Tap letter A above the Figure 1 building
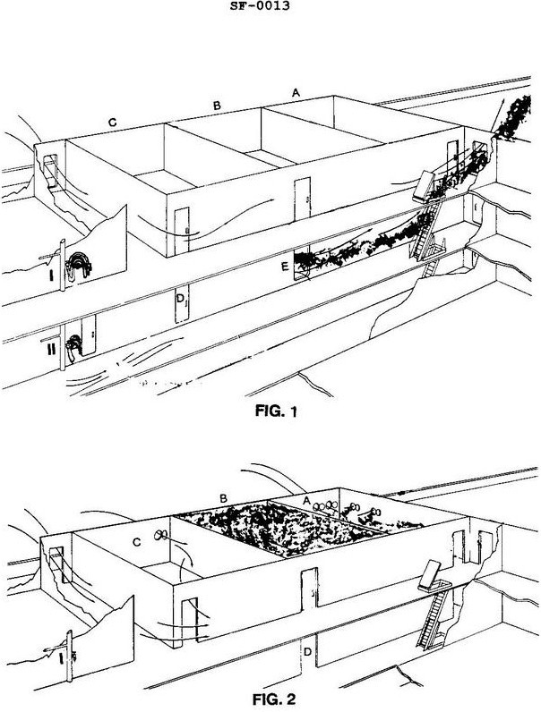coord(296,91)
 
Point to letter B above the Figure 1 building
coord(217,106)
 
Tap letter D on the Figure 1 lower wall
coord(181,297)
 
